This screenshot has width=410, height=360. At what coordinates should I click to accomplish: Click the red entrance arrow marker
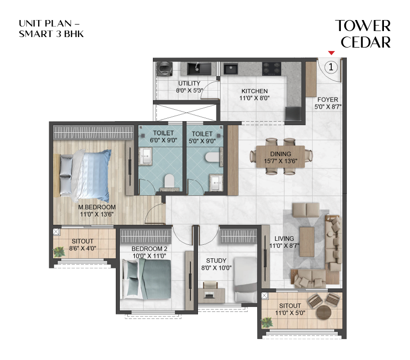(331, 52)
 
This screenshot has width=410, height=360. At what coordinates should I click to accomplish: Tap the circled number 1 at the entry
(333, 65)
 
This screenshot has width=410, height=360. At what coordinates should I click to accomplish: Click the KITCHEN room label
(255, 91)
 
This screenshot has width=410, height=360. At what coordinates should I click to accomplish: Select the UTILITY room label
(189, 83)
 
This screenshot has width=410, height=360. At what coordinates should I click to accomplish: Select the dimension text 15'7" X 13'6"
(280, 161)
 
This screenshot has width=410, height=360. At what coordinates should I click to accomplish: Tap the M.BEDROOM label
(97, 207)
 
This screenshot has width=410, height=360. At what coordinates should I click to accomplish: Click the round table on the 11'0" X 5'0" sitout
(323, 311)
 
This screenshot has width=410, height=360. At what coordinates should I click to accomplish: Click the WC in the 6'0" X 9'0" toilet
(168, 180)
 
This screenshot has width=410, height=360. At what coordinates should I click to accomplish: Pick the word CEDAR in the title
(365, 43)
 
